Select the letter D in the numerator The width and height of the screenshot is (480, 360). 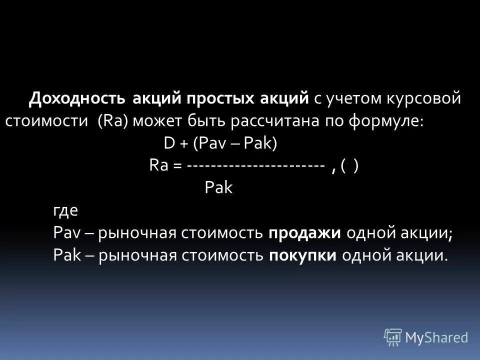[168, 144]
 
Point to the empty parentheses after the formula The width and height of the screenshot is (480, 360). [349, 166]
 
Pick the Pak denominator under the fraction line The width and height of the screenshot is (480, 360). [219, 189]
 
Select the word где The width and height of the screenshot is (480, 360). [65, 210]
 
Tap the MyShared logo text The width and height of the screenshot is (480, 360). [436, 337]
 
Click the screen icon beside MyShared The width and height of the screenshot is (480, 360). [393, 337]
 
